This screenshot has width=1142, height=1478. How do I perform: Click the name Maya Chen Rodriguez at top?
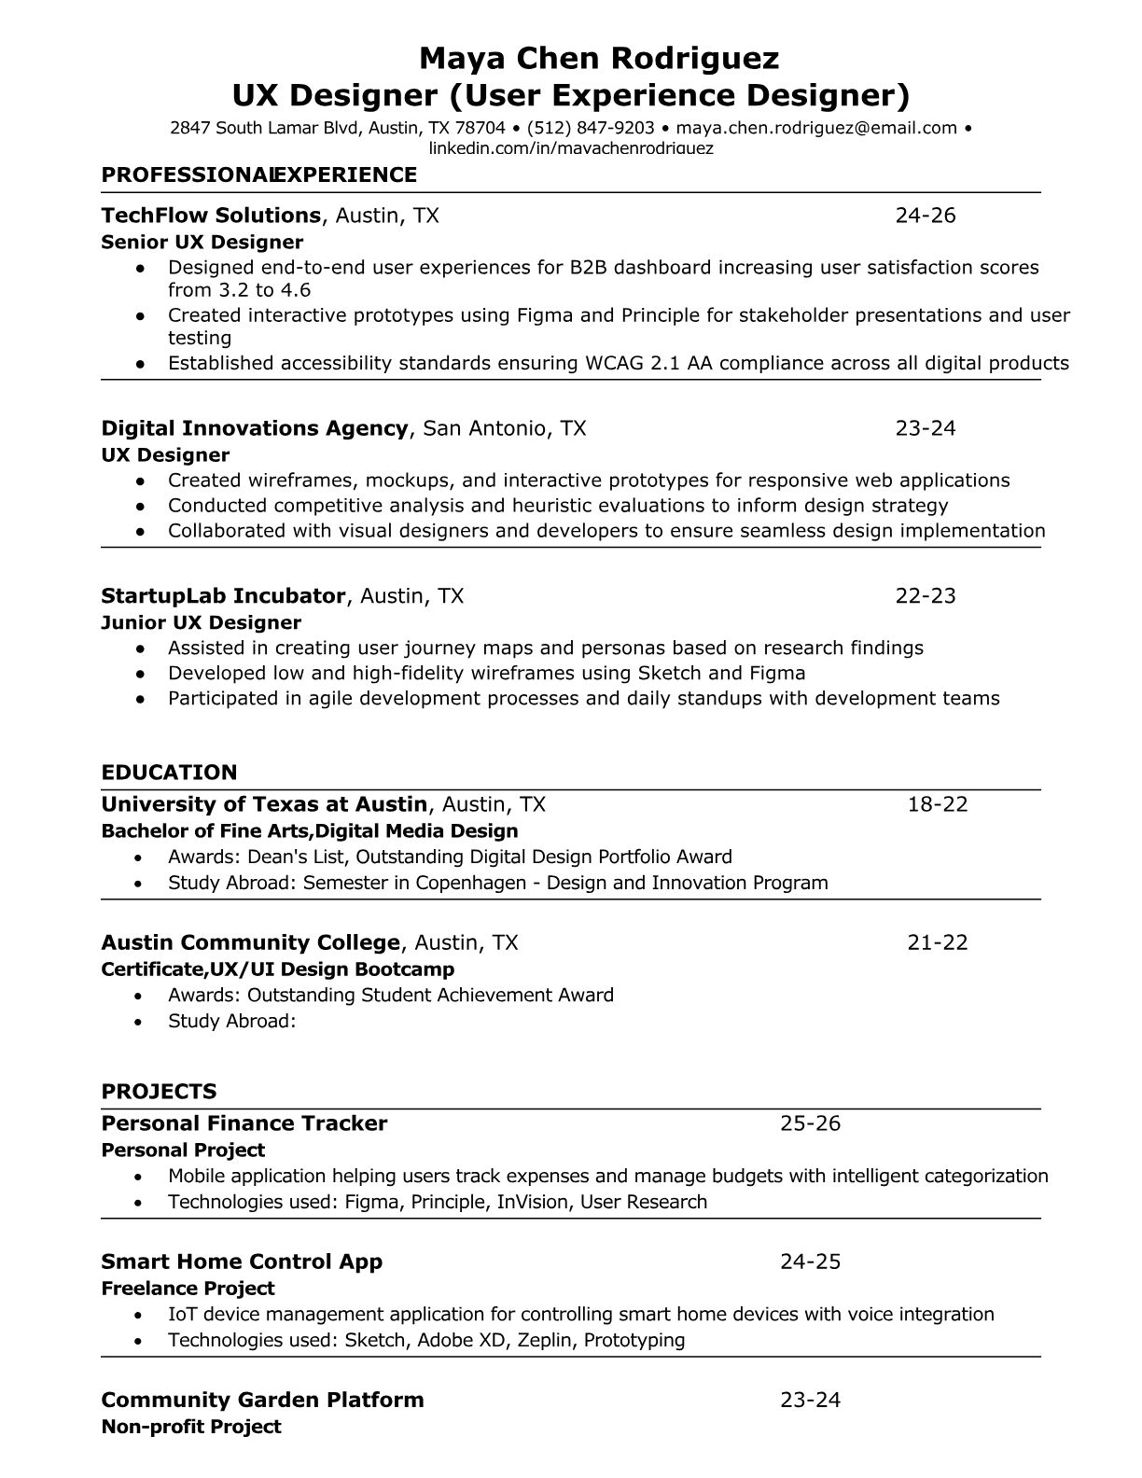click(598, 59)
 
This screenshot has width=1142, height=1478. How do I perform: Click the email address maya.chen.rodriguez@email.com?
click(816, 128)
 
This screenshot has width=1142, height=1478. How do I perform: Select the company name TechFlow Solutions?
click(211, 216)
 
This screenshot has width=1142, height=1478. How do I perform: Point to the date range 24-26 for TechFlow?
click(926, 216)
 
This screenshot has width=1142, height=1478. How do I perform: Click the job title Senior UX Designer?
click(202, 243)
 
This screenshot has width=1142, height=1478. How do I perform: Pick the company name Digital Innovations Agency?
click(255, 428)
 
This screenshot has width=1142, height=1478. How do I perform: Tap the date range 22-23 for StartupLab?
click(926, 595)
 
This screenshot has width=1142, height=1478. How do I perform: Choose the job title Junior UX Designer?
click(201, 622)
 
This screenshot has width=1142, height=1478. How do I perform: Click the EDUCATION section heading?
click(169, 773)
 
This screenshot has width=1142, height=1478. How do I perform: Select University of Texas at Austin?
click(264, 804)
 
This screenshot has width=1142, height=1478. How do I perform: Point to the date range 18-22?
click(938, 804)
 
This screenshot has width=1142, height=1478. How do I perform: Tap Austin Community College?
click(250, 942)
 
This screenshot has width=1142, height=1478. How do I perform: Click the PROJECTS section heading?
click(159, 1092)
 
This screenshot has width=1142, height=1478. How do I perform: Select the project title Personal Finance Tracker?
click(244, 1123)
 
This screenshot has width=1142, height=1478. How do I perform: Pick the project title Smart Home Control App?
click(242, 1262)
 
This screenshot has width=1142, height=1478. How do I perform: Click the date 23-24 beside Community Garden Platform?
click(810, 1400)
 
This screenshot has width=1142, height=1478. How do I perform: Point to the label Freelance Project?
click(188, 1289)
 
